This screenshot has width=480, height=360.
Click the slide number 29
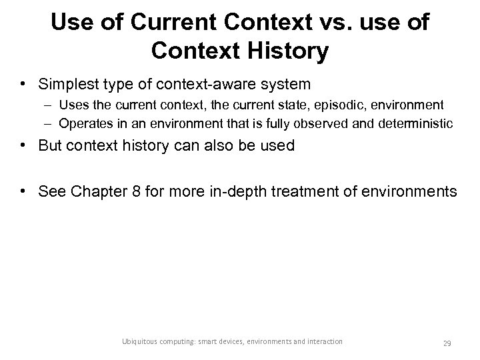point(447,343)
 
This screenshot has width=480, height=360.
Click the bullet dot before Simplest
point(23,84)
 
